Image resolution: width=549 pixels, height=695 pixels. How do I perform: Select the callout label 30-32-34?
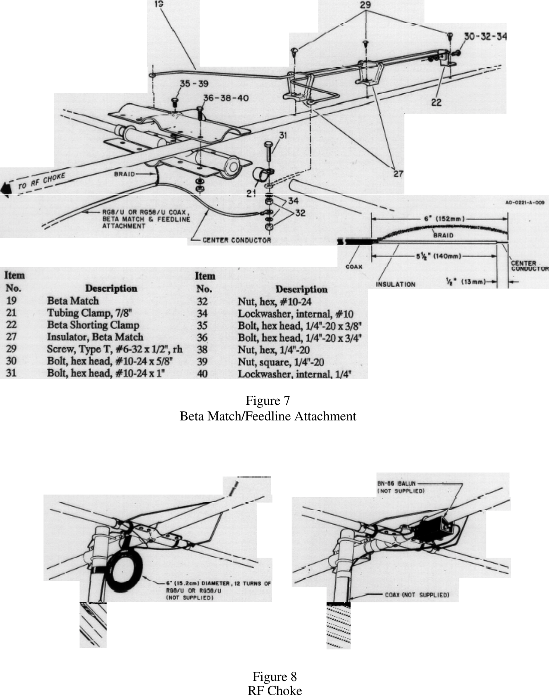pyautogui.click(x=485, y=37)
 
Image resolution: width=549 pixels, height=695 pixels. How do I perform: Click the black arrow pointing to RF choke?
pyautogui.click(x=6, y=188)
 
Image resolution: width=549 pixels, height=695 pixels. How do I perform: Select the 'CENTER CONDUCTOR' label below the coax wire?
pyautogui.click(x=236, y=240)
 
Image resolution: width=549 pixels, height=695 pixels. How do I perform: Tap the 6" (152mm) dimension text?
pyautogui.click(x=439, y=218)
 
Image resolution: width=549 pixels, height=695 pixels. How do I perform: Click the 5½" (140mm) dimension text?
pyautogui.click(x=434, y=256)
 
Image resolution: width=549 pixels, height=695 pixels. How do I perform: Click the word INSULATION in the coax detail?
pyautogui.click(x=395, y=284)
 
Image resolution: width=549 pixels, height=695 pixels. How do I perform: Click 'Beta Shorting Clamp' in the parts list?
pyautogui.click(x=93, y=325)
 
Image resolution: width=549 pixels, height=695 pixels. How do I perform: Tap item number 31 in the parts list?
pyautogui.click(x=11, y=373)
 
